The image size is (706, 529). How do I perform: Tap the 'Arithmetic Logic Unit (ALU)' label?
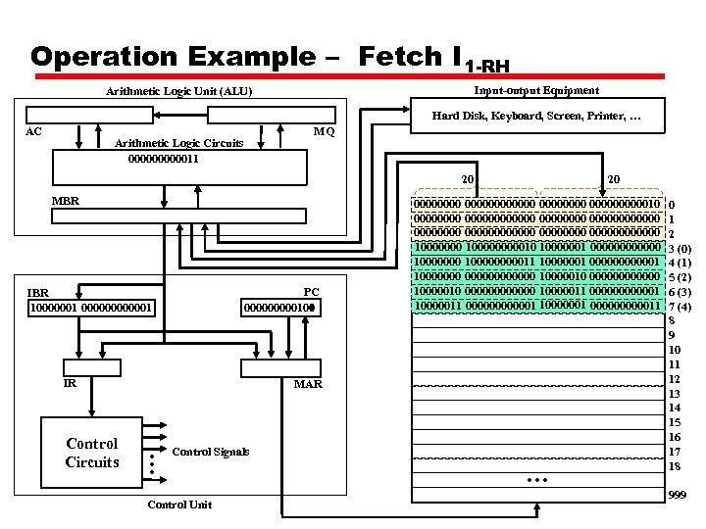pos(178,92)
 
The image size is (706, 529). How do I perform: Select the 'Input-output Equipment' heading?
pos(535,90)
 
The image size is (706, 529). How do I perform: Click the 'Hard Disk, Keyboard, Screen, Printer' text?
pos(536,117)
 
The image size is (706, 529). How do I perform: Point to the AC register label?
pos(32,130)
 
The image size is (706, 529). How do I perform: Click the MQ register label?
pos(323,131)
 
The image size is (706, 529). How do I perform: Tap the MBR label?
pos(65,201)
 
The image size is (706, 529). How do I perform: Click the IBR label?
pos(38,292)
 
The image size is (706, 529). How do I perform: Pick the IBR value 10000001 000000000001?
pos(91,309)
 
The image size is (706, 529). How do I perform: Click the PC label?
pos(311,292)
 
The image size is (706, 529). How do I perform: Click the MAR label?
pos(308,384)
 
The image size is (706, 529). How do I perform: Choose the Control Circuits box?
pos(91,453)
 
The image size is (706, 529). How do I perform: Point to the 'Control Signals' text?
pos(210,452)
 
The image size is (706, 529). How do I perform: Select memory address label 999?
pos(677,497)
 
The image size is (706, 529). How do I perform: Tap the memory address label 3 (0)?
pos(680,249)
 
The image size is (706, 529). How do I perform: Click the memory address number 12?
pos(675,378)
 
